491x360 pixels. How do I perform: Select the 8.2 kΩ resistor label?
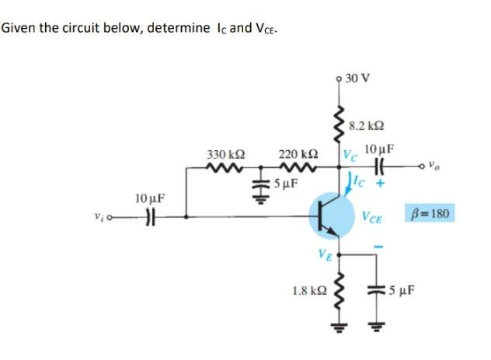coord(365,124)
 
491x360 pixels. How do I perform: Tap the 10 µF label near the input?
coord(148,198)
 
